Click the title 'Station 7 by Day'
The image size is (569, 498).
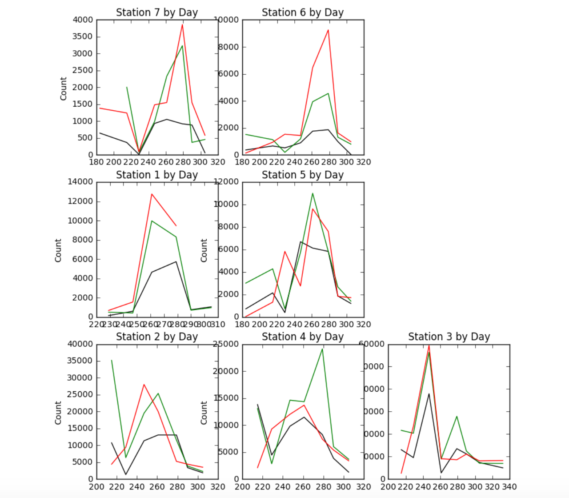coord(157,12)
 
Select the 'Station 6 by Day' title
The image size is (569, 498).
coord(303,12)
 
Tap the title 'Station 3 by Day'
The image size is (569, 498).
coord(449,337)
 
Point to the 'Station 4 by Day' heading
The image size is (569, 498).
coord(303,337)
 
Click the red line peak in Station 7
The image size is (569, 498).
coord(182,24)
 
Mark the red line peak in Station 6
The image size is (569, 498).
coord(328,30)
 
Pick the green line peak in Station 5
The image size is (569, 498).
coord(313,193)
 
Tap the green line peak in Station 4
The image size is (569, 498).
coord(322,349)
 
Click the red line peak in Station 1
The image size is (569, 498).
coord(152,194)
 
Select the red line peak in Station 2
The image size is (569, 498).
coord(144,384)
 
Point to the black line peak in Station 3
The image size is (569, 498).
coord(429,394)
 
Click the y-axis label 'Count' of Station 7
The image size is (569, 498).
coord(64,88)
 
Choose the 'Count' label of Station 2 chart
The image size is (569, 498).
coord(58,413)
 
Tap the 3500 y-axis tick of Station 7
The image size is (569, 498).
coord(83,36)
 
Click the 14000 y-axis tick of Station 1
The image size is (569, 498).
coord(80,181)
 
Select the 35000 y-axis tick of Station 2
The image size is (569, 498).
coord(80,361)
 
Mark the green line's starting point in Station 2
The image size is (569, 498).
coord(112,360)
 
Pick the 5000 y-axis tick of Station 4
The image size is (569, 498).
coord(230,452)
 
